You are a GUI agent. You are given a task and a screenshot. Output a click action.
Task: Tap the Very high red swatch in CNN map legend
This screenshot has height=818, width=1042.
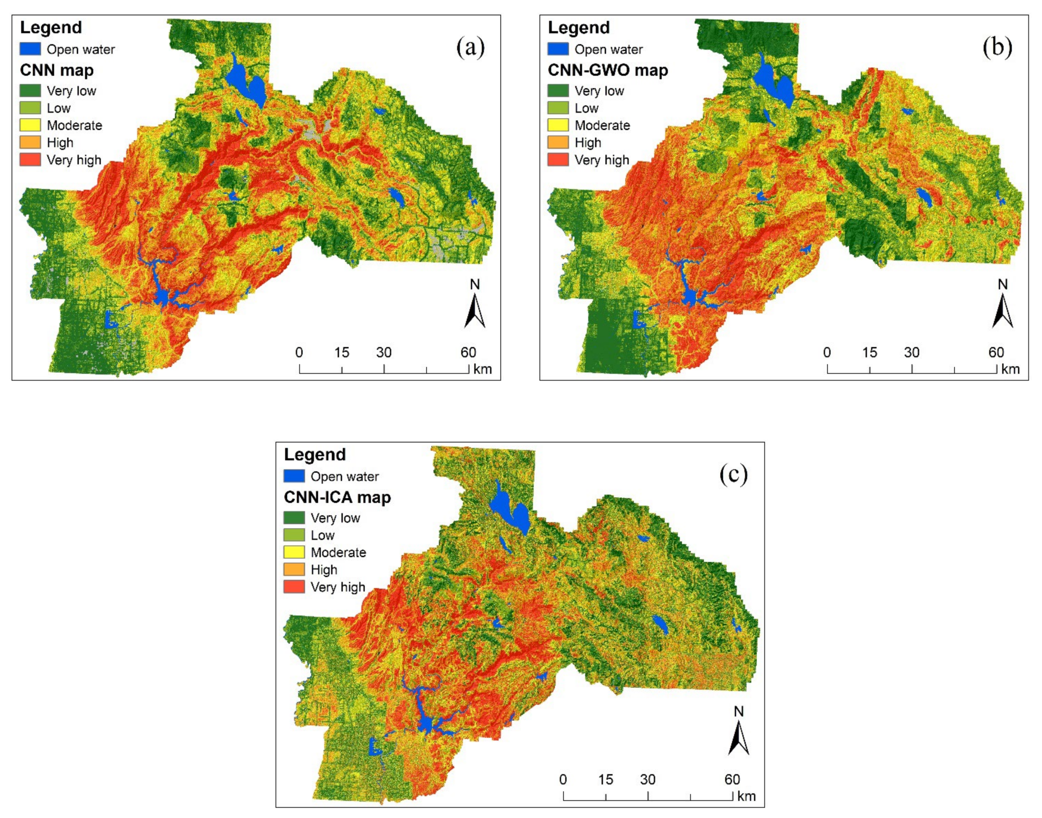(x=30, y=159)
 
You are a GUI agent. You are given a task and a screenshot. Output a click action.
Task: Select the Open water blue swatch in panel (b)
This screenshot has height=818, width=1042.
(x=558, y=49)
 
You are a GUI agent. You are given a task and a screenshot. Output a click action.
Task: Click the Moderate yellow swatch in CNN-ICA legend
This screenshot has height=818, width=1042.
(x=294, y=552)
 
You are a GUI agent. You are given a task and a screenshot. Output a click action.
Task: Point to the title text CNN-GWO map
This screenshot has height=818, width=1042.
(x=607, y=71)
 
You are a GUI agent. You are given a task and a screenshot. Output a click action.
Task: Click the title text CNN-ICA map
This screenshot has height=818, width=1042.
(x=337, y=497)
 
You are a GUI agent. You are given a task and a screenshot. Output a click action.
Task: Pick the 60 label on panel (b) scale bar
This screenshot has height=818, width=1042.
(x=996, y=353)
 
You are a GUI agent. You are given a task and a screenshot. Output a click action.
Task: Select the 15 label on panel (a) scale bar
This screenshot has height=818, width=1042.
(x=341, y=353)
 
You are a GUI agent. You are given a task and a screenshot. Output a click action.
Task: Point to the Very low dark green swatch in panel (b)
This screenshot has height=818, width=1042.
(x=558, y=91)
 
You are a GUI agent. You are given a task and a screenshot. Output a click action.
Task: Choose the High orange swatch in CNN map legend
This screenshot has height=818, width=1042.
(x=30, y=142)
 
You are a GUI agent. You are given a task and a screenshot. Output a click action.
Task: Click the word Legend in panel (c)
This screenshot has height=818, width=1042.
(x=315, y=454)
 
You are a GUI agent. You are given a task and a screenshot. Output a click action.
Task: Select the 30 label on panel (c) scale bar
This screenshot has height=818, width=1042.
(x=648, y=779)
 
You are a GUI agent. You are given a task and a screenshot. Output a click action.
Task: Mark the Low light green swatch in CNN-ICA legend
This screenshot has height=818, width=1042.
(x=294, y=535)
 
